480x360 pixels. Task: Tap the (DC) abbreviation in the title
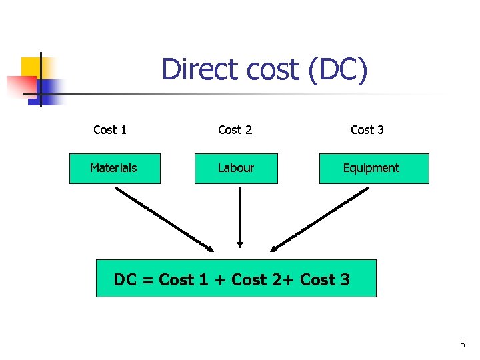tap(337, 70)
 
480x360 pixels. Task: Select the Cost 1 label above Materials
tap(110, 130)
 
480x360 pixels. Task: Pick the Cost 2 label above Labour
tap(235, 130)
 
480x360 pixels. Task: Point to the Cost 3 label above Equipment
tap(367, 130)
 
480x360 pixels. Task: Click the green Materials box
tap(115, 168)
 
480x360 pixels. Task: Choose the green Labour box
tap(236, 168)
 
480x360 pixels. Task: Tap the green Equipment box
tap(374, 168)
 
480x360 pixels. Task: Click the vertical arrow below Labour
tap(239, 217)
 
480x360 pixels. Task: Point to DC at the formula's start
tap(125, 280)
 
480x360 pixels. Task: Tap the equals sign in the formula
tap(147, 280)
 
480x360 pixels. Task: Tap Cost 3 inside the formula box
tap(325, 280)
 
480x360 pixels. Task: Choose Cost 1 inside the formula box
tap(183, 280)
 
